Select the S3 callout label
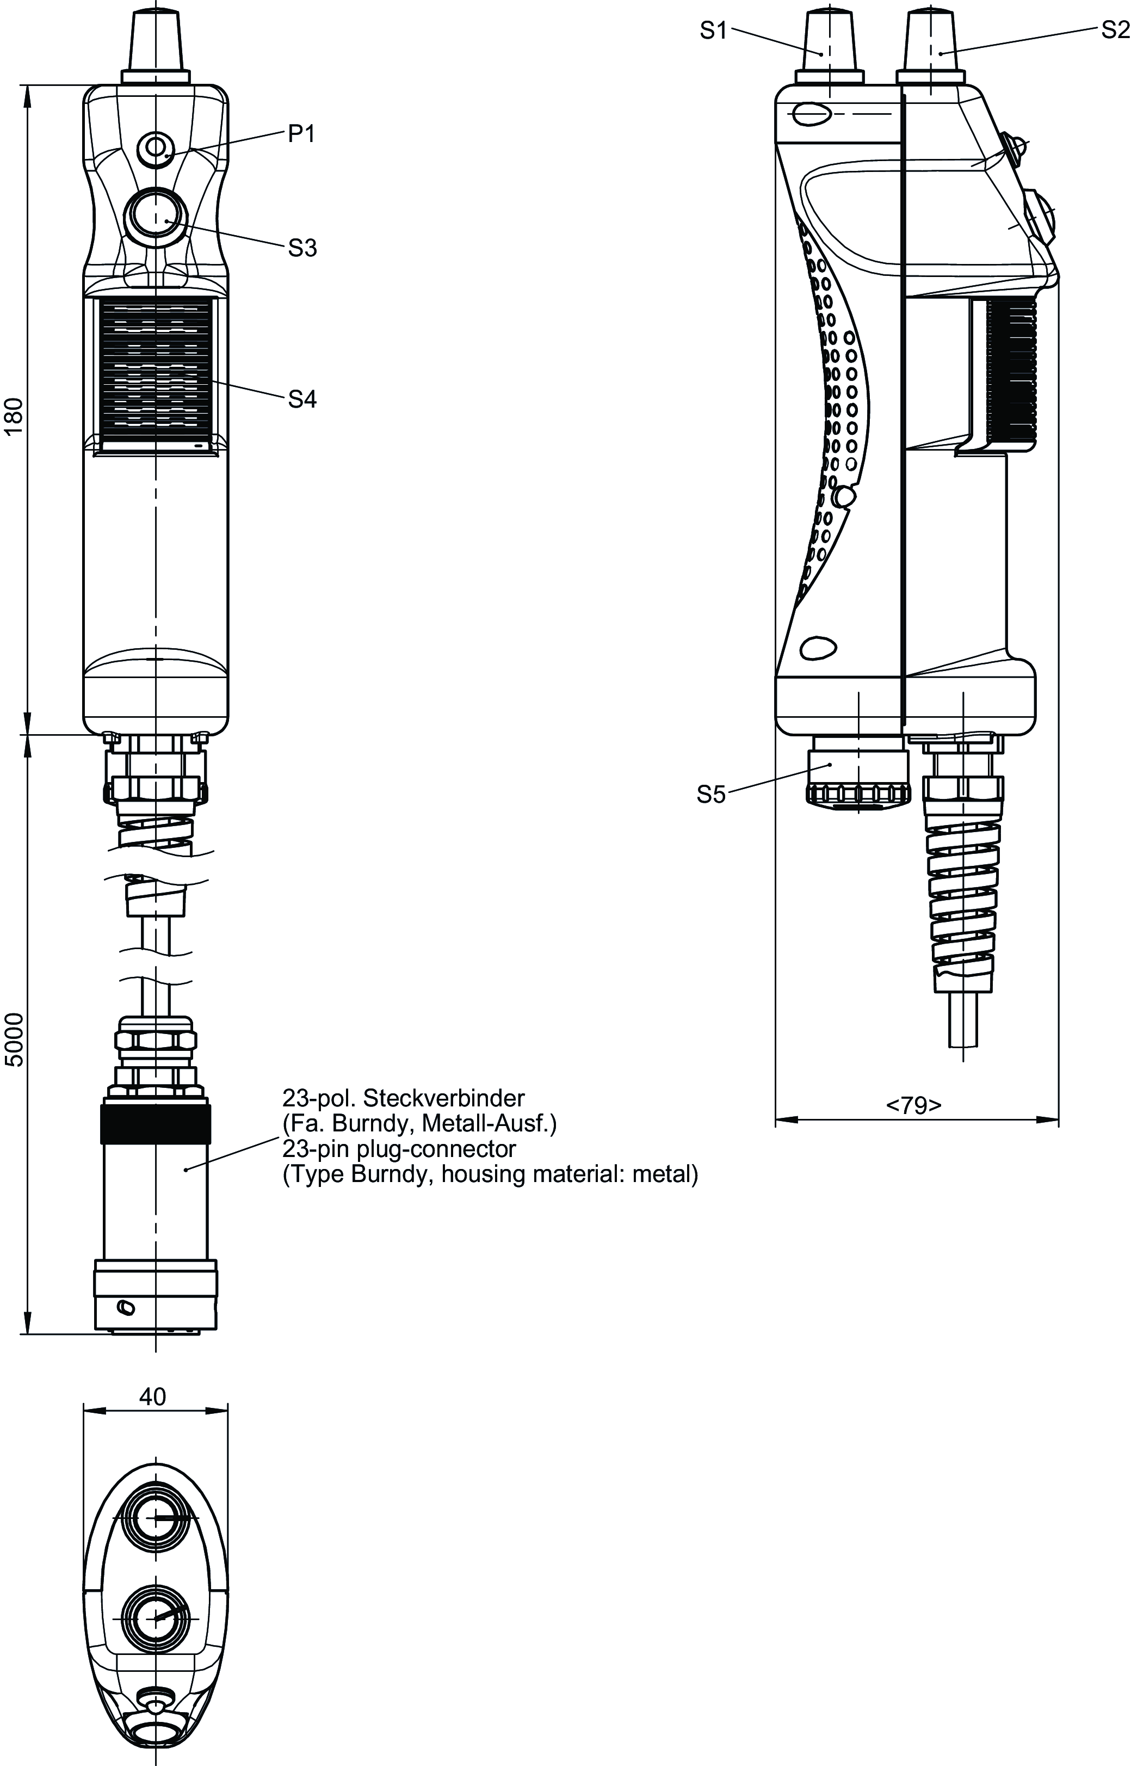click(302, 248)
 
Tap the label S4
click(302, 399)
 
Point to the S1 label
click(713, 31)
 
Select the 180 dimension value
click(15, 417)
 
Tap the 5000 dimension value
click(15, 1039)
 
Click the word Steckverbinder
click(444, 1098)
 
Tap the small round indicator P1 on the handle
click(156, 147)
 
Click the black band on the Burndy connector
click(156, 1123)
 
